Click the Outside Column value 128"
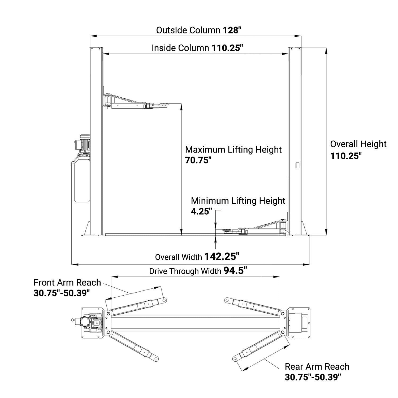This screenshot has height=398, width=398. [x=231, y=30]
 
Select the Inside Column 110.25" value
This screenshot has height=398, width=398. [x=227, y=48]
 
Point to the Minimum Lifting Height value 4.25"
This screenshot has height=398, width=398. [x=201, y=211]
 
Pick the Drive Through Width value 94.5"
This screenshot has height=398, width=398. [x=235, y=271]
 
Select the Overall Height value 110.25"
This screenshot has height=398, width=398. [x=346, y=156]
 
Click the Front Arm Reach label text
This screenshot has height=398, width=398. [x=67, y=282]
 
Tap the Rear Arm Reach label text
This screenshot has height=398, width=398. [x=317, y=367]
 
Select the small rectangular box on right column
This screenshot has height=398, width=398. [x=297, y=165]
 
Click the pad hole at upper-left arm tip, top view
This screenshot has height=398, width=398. [x=165, y=300]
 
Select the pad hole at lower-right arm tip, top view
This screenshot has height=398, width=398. [x=235, y=359]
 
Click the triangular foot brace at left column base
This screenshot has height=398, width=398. [x=86, y=229]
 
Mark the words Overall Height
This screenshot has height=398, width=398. [x=358, y=144]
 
